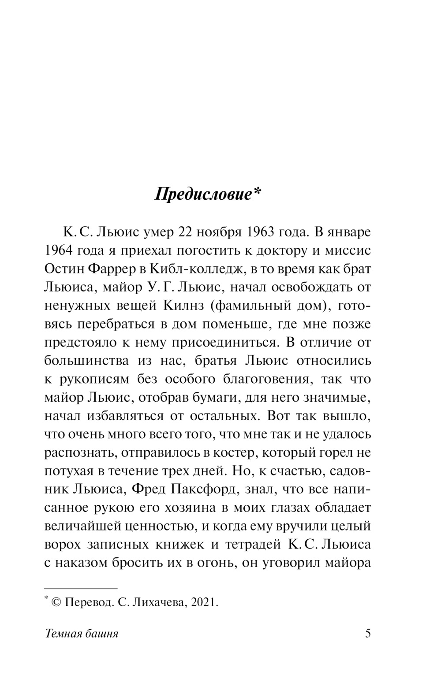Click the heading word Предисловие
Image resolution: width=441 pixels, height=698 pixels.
(x=202, y=195)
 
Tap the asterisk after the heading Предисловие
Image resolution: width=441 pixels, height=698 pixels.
(x=257, y=192)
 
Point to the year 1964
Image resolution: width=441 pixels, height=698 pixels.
(x=60, y=250)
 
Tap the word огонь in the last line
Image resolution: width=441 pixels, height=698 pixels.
(x=214, y=563)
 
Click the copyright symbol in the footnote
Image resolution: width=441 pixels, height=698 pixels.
(x=56, y=602)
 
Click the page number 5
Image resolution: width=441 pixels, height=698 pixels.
(x=368, y=634)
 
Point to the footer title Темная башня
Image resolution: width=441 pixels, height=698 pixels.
(x=82, y=634)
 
